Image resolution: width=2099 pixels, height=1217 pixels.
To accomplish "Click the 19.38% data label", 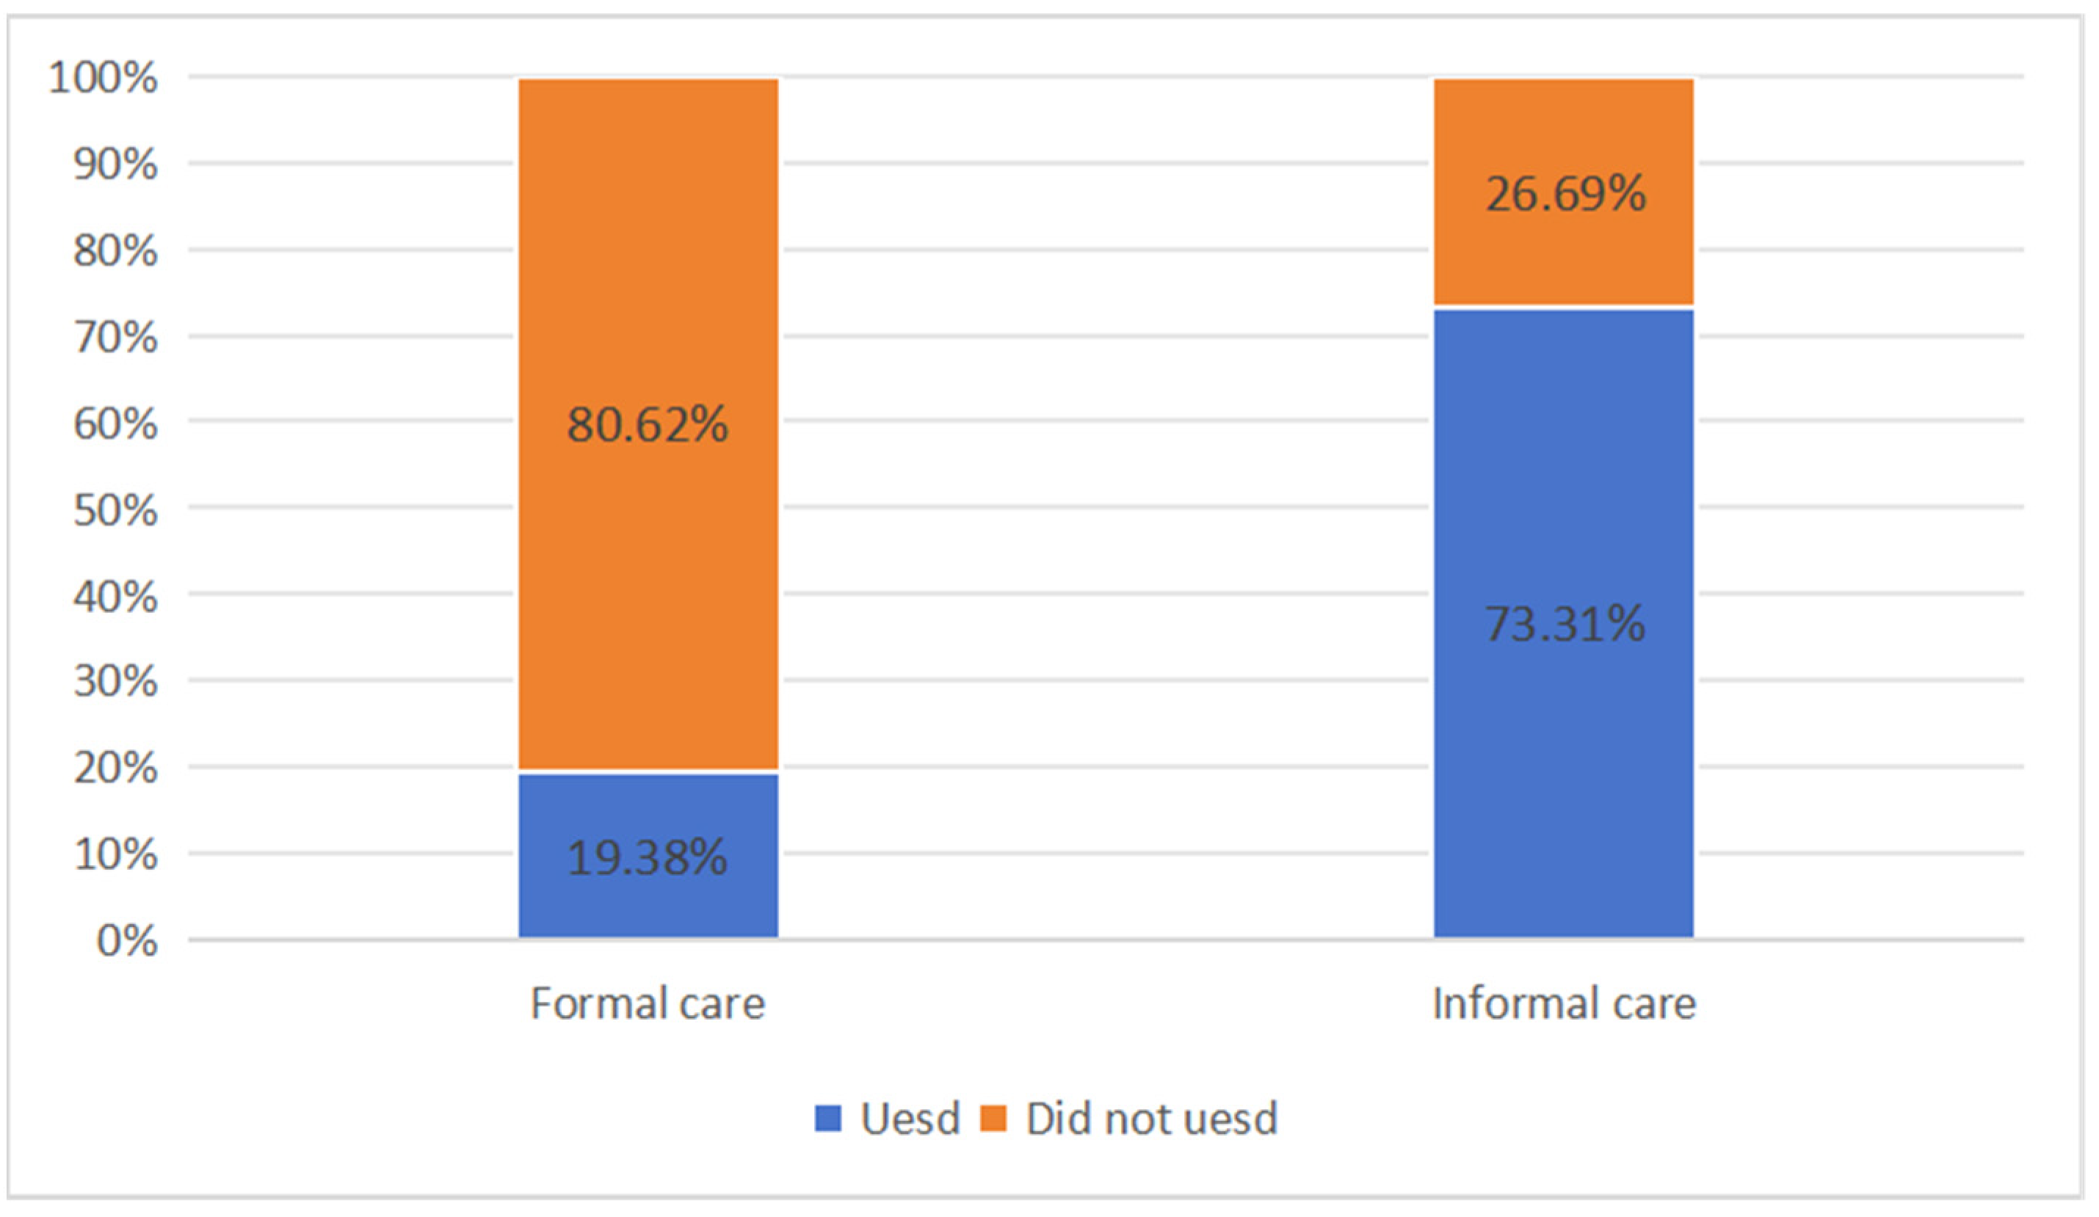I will coord(648,857).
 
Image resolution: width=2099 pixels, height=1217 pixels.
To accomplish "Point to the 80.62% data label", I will coord(648,424).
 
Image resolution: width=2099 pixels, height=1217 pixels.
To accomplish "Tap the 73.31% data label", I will coord(1565,624).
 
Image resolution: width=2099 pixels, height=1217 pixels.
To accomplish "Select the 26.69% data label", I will coord(1566,194).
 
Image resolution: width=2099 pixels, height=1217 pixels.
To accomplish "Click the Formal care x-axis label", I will coord(648,1003).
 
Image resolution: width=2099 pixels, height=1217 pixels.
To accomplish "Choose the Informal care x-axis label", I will coord(1564,1003).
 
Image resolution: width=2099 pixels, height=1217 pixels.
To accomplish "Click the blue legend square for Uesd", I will coord(827,1118).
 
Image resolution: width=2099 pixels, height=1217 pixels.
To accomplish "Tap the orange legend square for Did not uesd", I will coord(993,1118).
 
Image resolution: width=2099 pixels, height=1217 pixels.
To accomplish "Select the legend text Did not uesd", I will coord(1151,1118).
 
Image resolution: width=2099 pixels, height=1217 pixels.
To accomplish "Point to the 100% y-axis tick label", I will coord(103,78).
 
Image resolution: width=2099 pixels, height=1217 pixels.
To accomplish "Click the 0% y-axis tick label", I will coord(126,941).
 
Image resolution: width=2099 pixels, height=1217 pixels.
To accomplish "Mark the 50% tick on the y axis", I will coord(115,510).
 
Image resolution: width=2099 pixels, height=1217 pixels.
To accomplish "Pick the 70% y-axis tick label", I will coord(115,338).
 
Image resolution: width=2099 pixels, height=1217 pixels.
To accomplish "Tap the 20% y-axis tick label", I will coord(115,768).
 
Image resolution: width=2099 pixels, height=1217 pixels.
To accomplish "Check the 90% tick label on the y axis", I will coord(115,164).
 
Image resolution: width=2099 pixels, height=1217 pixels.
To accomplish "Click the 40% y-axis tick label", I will coord(115,597).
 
